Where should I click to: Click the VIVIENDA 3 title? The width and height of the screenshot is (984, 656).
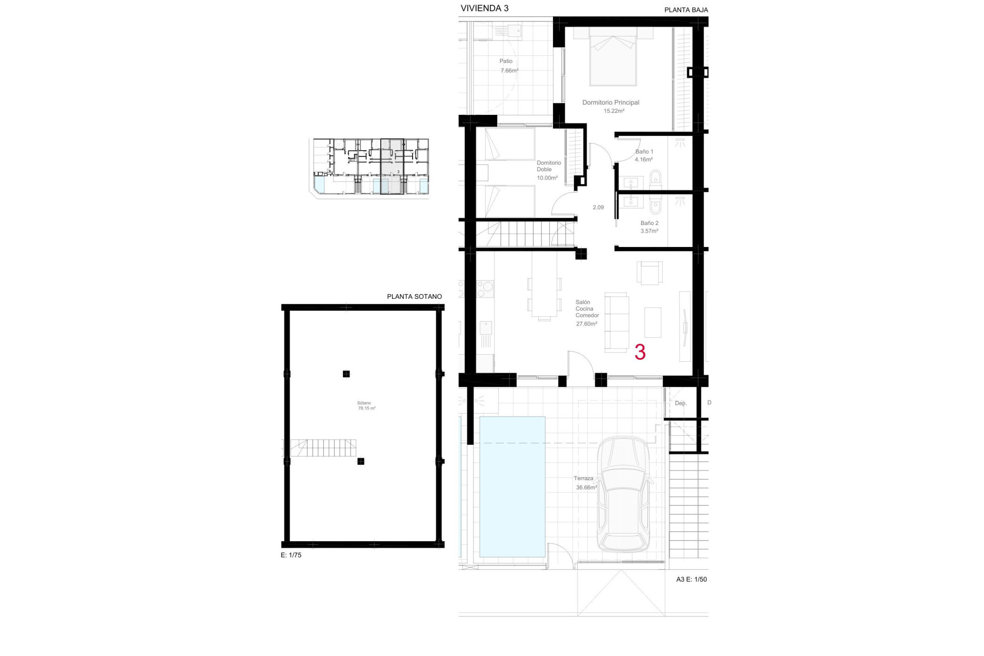click(x=484, y=8)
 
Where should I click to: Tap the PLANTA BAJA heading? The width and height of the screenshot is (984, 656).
click(x=686, y=10)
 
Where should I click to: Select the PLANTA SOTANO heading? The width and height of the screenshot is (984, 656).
click(x=414, y=296)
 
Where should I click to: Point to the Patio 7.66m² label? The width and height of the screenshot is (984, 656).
click(x=508, y=66)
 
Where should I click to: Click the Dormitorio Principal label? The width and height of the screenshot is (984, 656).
click(x=610, y=102)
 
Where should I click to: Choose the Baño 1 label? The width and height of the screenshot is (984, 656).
click(x=644, y=152)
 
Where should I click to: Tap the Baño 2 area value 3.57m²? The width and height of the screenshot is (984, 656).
click(x=649, y=231)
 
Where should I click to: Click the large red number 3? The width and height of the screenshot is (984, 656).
click(x=640, y=353)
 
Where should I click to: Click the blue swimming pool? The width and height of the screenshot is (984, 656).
click(x=512, y=486)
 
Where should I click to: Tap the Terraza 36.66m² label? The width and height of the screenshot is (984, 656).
click(x=585, y=483)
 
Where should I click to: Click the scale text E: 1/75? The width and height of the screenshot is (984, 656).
click(x=291, y=555)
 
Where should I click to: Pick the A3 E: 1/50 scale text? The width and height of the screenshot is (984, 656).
click(x=691, y=579)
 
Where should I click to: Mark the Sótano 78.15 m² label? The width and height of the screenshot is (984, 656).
click(x=366, y=405)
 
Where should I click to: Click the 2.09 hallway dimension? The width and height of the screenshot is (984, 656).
click(x=598, y=208)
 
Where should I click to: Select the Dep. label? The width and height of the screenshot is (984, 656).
click(x=680, y=403)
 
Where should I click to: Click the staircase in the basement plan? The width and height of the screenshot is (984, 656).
click(x=323, y=448)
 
